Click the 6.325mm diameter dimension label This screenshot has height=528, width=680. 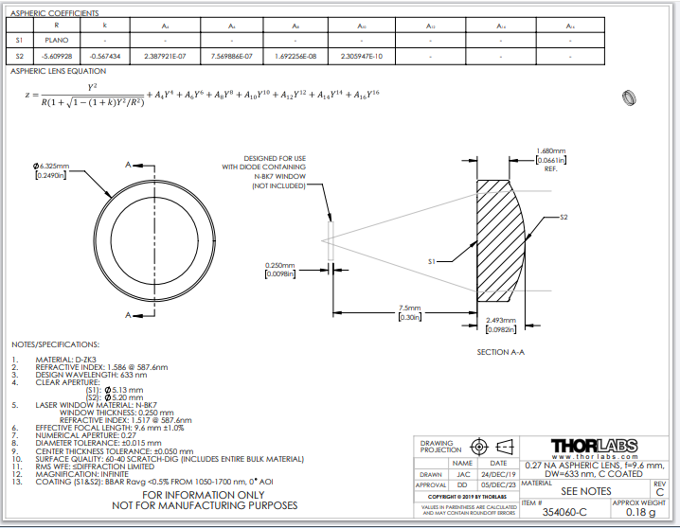(49, 167)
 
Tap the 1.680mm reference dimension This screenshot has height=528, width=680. (550, 151)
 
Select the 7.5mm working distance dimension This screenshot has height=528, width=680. (410, 308)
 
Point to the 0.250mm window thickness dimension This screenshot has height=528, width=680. (280, 266)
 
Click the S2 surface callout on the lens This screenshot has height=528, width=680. (564, 218)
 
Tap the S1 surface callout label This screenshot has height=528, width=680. (432, 259)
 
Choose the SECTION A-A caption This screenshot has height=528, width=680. (501, 351)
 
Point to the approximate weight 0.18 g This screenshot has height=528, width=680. (640, 512)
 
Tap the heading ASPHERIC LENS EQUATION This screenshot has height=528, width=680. (59, 71)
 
